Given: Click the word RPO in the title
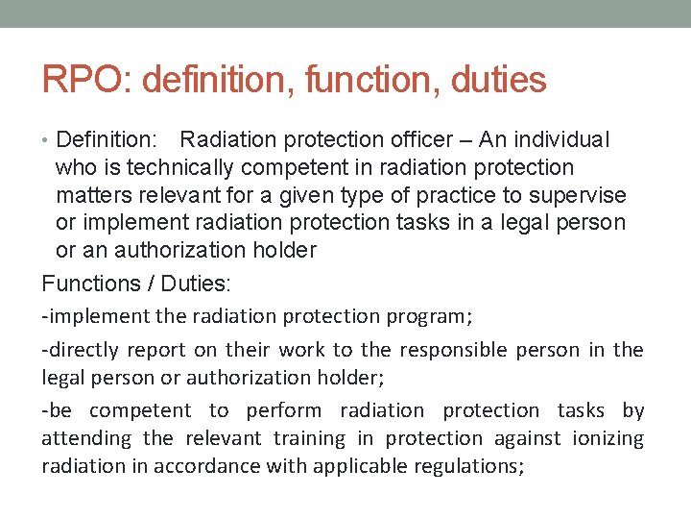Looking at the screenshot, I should [x=83, y=80].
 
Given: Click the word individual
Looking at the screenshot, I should [x=564, y=139].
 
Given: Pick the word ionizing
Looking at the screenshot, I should [x=607, y=438].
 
